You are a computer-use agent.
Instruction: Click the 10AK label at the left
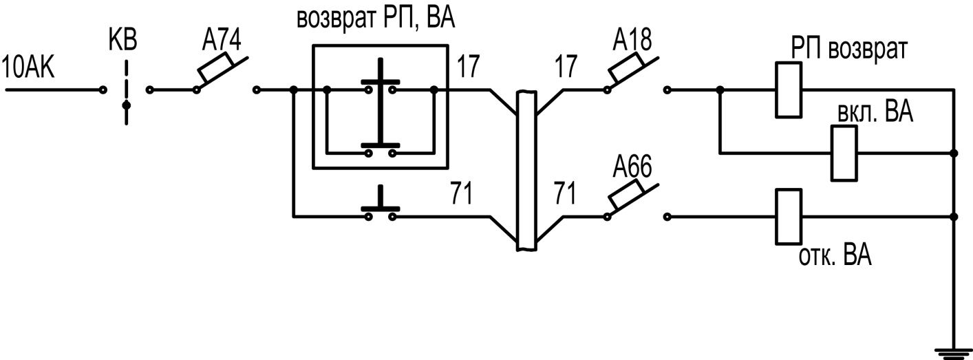[28, 67]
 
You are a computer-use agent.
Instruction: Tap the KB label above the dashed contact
[122, 40]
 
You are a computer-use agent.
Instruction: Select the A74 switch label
[221, 41]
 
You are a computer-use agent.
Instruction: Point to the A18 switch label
[632, 40]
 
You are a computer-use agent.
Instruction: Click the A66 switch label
[632, 167]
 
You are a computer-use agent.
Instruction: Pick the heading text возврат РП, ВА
[376, 19]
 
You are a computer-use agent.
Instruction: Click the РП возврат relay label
[848, 49]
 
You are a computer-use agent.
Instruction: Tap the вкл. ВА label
[875, 112]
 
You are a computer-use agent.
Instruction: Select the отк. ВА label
[835, 255]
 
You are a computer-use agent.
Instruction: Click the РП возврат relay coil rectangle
[789, 90]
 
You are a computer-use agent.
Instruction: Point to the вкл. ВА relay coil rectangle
[844, 153]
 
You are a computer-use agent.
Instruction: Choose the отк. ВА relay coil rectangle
[789, 216]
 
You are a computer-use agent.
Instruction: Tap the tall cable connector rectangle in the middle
[526, 171]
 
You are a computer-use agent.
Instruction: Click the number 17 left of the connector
[468, 67]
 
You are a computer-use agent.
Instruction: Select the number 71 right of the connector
[564, 193]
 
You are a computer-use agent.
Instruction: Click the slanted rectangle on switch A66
[626, 194]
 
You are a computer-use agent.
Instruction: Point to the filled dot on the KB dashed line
[127, 105]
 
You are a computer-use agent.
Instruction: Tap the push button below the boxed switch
[381, 204]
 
